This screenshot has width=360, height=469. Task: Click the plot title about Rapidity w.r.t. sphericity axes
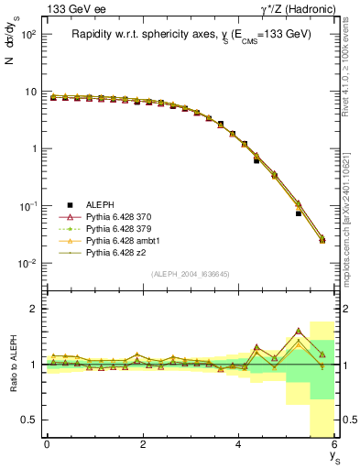coord(191,34)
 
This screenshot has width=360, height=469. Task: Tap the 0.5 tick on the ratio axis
coord(30,420)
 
